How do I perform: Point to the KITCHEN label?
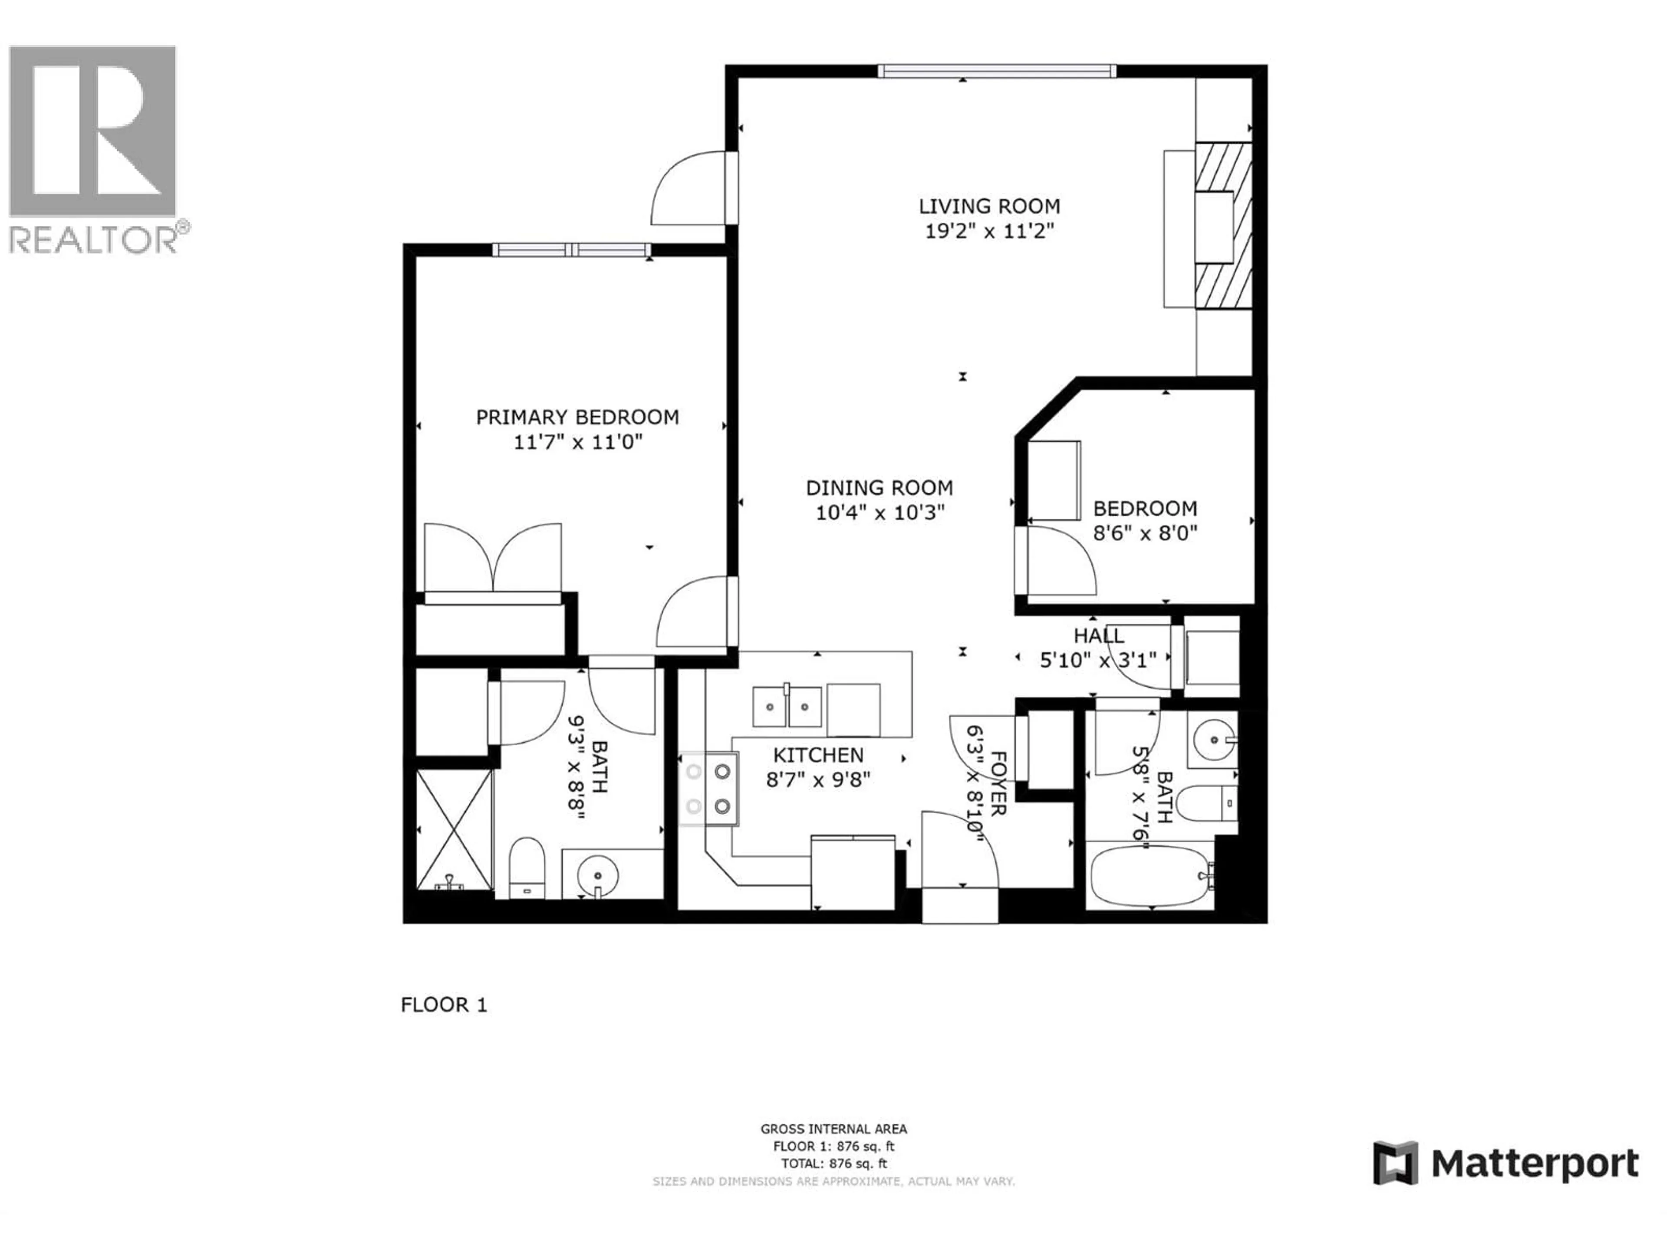click(818, 755)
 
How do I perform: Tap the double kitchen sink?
click(787, 707)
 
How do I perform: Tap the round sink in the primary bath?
click(598, 875)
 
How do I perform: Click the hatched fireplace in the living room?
click(1224, 224)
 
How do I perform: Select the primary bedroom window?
click(572, 250)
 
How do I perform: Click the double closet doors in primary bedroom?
click(493, 558)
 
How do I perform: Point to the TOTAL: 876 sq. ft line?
click(833, 1163)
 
